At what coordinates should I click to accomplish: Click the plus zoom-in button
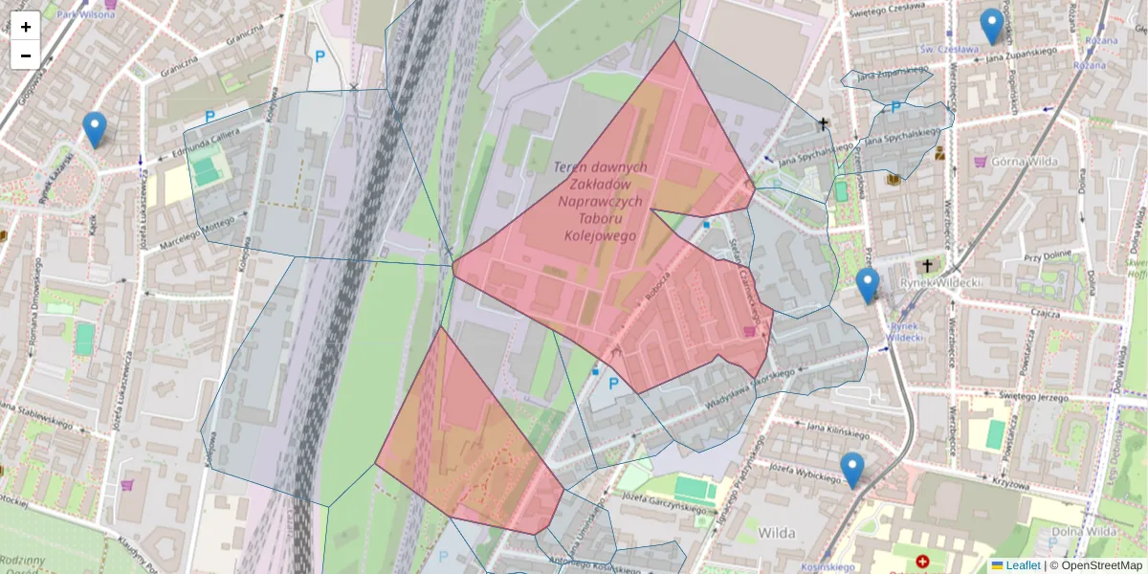tap(26, 27)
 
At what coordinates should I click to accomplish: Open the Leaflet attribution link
tap(1022, 565)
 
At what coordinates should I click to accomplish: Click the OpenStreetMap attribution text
tap(1095, 565)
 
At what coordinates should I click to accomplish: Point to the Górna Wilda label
tap(1027, 162)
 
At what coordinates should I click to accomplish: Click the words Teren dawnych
tap(600, 167)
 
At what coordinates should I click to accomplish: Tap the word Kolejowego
tap(600, 235)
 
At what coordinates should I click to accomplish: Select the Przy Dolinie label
tap(1045, 257)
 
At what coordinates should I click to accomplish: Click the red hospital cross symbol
tap(922, 562)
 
